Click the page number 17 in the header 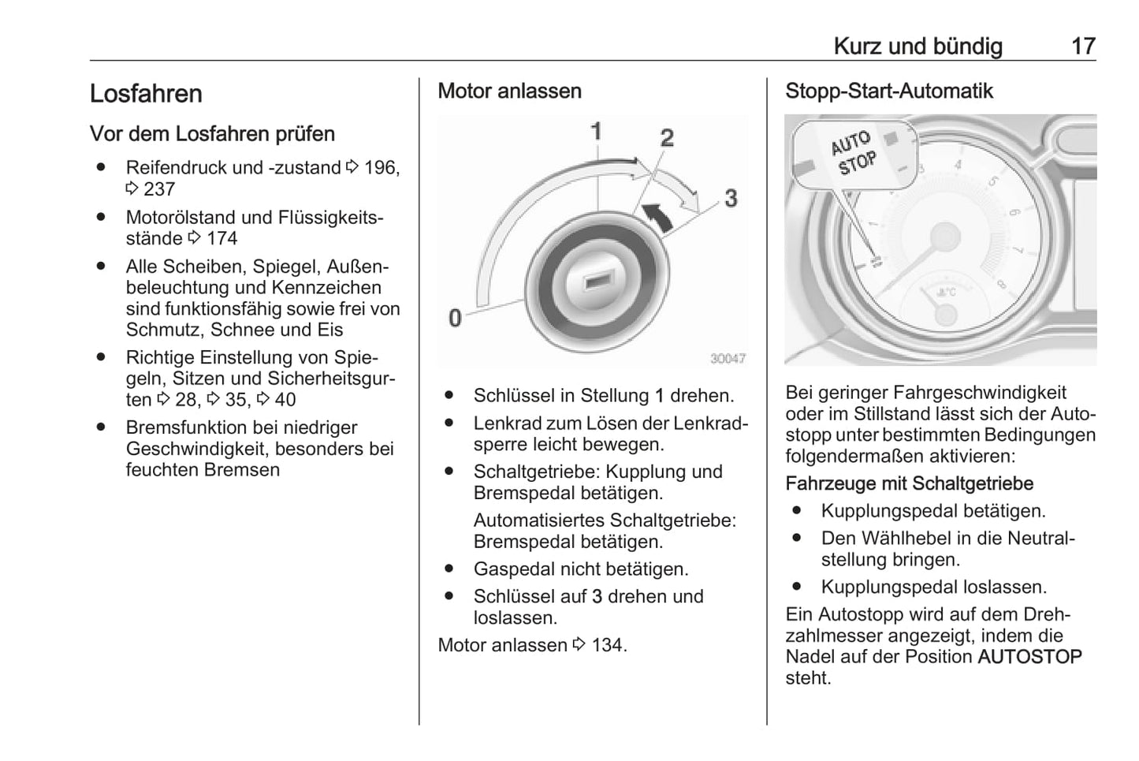(1082, 46)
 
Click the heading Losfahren (146, 94)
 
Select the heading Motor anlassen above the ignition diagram (509, 91)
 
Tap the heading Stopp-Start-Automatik (888, 91)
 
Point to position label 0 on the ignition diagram (455, 318)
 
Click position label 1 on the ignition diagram (597, 131)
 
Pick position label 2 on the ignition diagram (667, 138)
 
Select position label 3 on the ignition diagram (731, 198)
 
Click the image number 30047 (727, 359)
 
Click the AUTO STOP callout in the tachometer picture (853, 153)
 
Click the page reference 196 (381, 168)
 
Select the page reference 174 (221, 238)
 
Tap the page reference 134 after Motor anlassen (607, 645)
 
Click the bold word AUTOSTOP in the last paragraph (1029, 657)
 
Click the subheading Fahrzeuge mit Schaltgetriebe (909, 483)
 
